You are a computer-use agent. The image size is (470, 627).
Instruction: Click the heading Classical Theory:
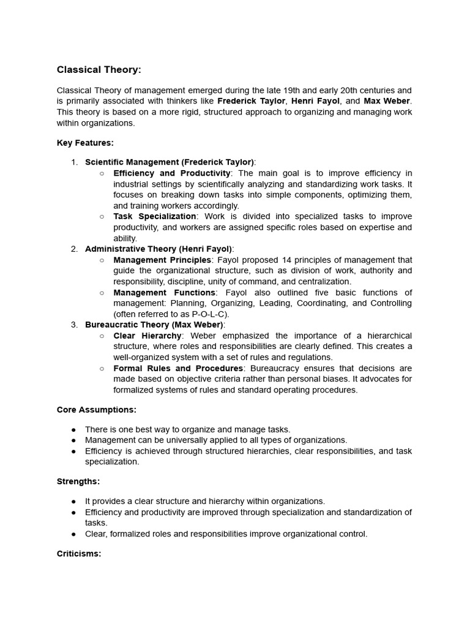click(99, 70)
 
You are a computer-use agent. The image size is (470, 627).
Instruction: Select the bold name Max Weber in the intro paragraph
click(387, 101)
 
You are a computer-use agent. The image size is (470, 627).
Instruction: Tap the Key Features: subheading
click(85, 143)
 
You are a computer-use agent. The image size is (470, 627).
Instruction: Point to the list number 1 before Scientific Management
click(74, 162)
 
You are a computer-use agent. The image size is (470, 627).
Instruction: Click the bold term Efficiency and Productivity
click(171, 173)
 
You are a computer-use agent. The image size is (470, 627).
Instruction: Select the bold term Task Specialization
click(155, 217)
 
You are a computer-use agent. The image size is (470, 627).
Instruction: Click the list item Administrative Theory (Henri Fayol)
click(159, 249)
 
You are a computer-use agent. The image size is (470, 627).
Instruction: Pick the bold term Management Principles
click(162, 260)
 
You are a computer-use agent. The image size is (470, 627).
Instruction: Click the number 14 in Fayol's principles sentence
click(296, 260)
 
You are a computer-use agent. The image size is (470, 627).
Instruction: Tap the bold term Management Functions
click(164, 293)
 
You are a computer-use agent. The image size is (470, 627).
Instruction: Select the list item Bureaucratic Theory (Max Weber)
click(154, 325)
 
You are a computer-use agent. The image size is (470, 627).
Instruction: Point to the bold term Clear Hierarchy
click(147, 336)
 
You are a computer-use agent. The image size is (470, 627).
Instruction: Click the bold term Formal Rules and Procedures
click(178, 369)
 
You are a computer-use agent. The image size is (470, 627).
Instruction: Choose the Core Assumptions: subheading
click(97, 410)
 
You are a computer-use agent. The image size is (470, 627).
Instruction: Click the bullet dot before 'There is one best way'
click(74, 430)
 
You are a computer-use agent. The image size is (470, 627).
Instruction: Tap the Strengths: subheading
click(78, 482)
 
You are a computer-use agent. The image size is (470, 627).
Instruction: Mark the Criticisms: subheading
click(79, 554)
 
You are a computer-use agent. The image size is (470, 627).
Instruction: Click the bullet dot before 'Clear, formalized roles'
click(74, 534)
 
